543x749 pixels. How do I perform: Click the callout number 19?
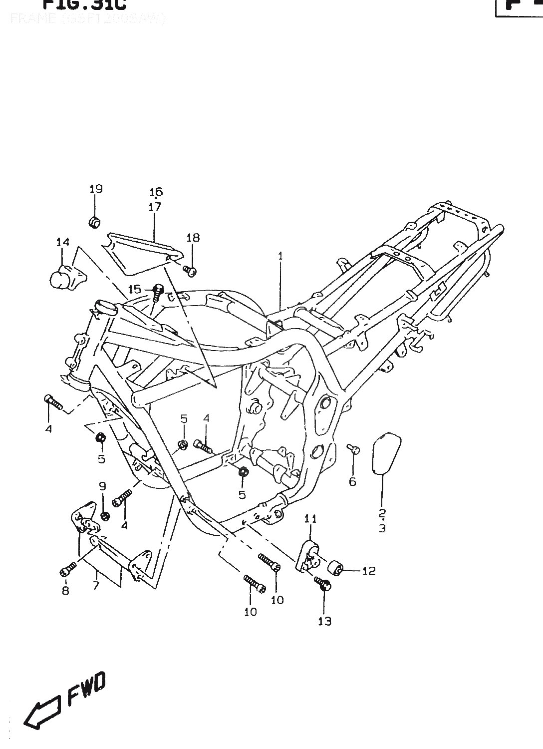click(96, 189)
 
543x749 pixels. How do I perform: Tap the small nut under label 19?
click(94, 222)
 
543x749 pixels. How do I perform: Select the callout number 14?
click(62, 243)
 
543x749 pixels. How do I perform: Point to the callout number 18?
click(193, 238)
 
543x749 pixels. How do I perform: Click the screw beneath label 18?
click(190, 271)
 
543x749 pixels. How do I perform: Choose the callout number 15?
click(134, 289)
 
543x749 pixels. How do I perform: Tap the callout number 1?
click(280, 256)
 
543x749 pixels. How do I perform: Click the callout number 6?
click(352, 482)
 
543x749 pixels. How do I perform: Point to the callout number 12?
click(368, 571)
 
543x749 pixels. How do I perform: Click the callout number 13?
click(324, 621)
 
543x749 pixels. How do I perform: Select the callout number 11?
click(310, 519)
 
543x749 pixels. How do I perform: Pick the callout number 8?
click(65, 591)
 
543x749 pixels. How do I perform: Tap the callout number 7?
click(96, 585)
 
